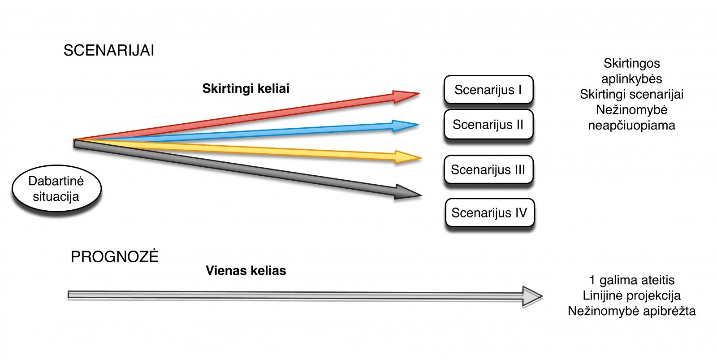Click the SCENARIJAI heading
click(x=109, y=50)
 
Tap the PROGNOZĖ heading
click(x=115, y=256)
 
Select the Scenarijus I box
click(x=488, y=90)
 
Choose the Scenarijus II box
click(x=488, y=124)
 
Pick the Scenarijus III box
click(x=488, y=169)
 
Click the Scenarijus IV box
click(x=489, y=213)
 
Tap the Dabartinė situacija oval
click(x=56, y=189)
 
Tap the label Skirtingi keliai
click(x=246, y=88)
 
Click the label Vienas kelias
click(x=246, y=270)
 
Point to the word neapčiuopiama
click(x=631, y=125)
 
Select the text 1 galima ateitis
click(x=631, y=280)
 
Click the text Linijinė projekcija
click(x=631, y=295)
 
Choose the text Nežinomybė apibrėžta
click(x=631, y=311)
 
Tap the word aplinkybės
click(x=631, y=79)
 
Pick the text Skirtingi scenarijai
click(x=631, y=94)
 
